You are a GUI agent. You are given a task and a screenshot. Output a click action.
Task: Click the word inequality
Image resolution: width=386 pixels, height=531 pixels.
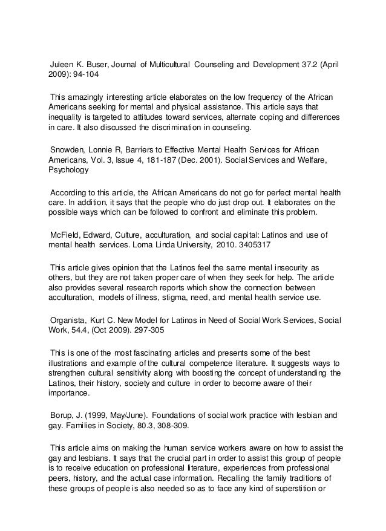(x=66, y=118)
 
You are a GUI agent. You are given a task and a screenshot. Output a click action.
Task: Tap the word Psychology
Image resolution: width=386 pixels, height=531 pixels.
(x=68, y=171)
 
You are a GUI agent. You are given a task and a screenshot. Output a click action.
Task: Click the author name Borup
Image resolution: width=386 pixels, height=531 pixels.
(x=64, y=415)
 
